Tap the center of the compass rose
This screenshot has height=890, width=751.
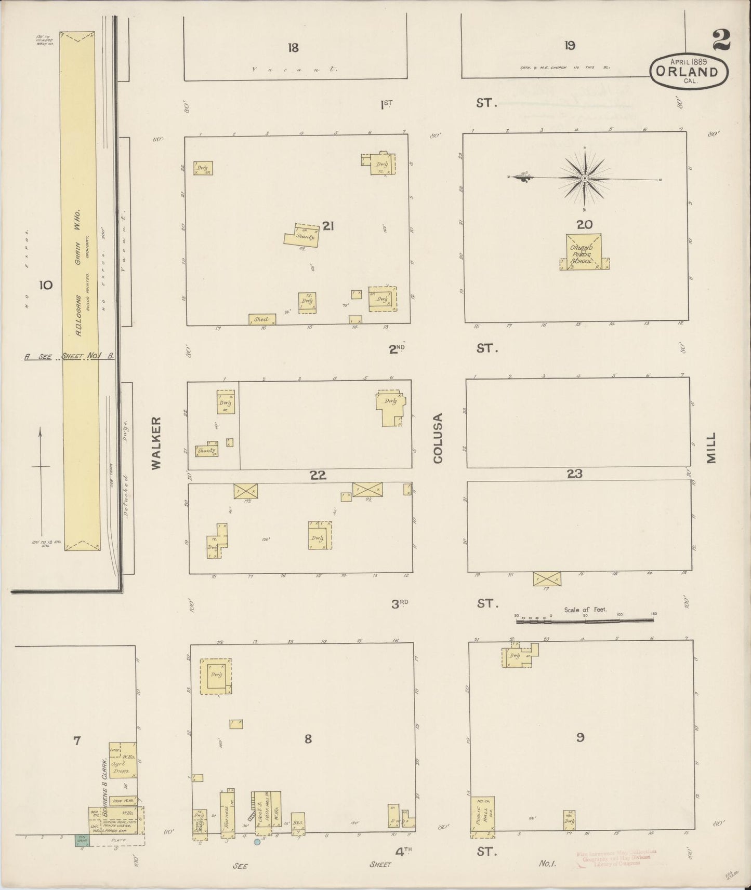pyautogui.click(x=585, y=178)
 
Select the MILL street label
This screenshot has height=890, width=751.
pyautogui.click(x=711, y=447)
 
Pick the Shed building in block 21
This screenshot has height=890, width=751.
pyautogui.click(x=261, y=319)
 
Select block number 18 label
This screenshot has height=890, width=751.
pyautogui.click(x=293, y=48)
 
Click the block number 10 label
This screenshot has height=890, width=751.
pyautogui.click(x=46, y=285)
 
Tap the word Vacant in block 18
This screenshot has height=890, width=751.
pyautogui.click(x=295, y=69)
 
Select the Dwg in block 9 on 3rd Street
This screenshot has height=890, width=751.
pyautogui.click(x=517, y=656)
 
